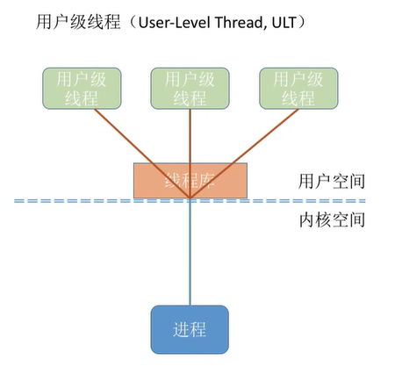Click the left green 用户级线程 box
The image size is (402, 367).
pos(79,88)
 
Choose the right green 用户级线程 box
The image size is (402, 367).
pos(297,88)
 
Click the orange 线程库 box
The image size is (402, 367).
pos(190,180)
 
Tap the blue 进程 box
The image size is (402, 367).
pos(190,329)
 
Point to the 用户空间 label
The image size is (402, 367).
pos(331,182)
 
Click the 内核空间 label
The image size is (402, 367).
pos(331,219)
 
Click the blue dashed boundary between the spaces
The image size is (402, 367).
pos(88,201)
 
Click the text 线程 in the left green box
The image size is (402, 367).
pos(79,97)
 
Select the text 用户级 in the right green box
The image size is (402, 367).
pos(297,78)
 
